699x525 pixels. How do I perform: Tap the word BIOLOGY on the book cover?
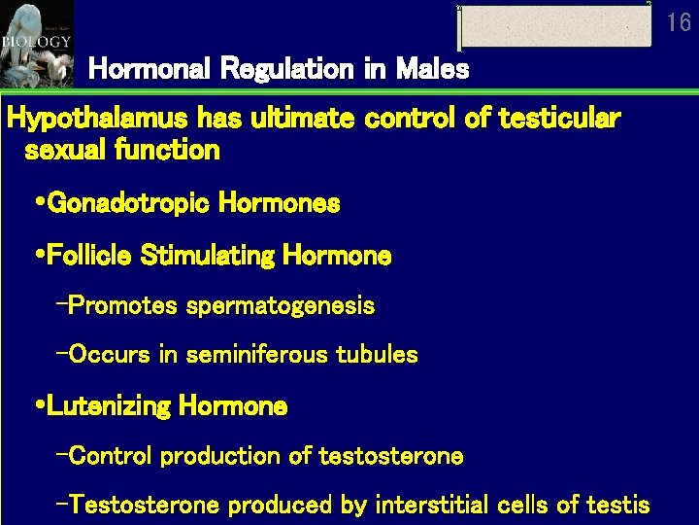(36, 42)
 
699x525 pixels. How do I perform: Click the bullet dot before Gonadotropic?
(38, 203)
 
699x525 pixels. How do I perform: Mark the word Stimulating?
(208, 256)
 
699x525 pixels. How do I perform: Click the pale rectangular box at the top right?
(554, 26)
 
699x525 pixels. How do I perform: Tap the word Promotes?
(123, 306)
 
